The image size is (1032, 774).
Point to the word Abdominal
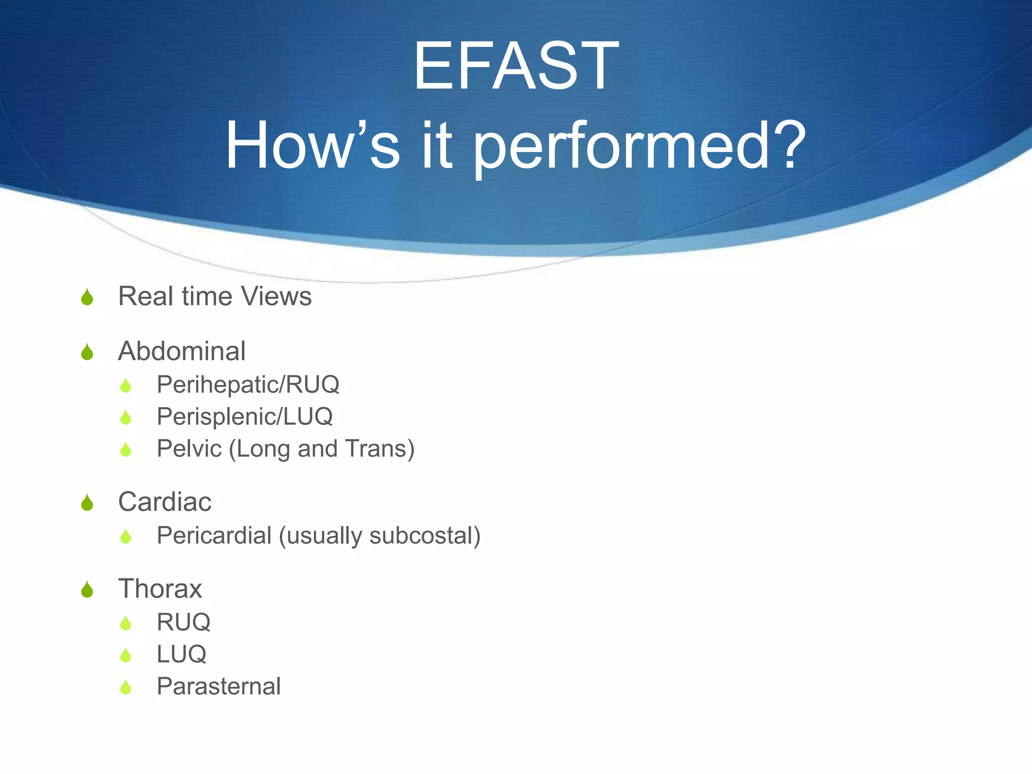(181, 351)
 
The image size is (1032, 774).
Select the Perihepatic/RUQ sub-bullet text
(248, 384)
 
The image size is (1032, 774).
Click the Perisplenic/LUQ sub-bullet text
(244, 417)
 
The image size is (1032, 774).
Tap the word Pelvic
(189, 448)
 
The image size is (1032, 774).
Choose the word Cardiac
(164, 501)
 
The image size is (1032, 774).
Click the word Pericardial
(214, 535)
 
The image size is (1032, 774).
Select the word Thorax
(160, 588)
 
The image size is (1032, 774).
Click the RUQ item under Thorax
(183, 622)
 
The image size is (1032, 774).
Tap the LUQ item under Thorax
(181, 654)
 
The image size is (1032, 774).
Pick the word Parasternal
(218, 686)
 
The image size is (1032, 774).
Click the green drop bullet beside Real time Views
(87, 297)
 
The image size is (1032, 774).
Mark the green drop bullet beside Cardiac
(87, 503)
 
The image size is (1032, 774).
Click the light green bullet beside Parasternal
(125, 687)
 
